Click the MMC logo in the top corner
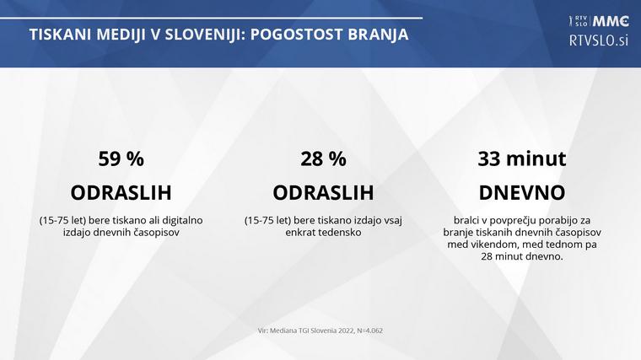point(612,21)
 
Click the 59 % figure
point(121,159)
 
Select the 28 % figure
point(323,159)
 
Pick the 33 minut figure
point(521,159)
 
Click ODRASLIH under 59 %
point(121,192)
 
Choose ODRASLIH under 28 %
point(323,192)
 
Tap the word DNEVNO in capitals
point(521,192)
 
